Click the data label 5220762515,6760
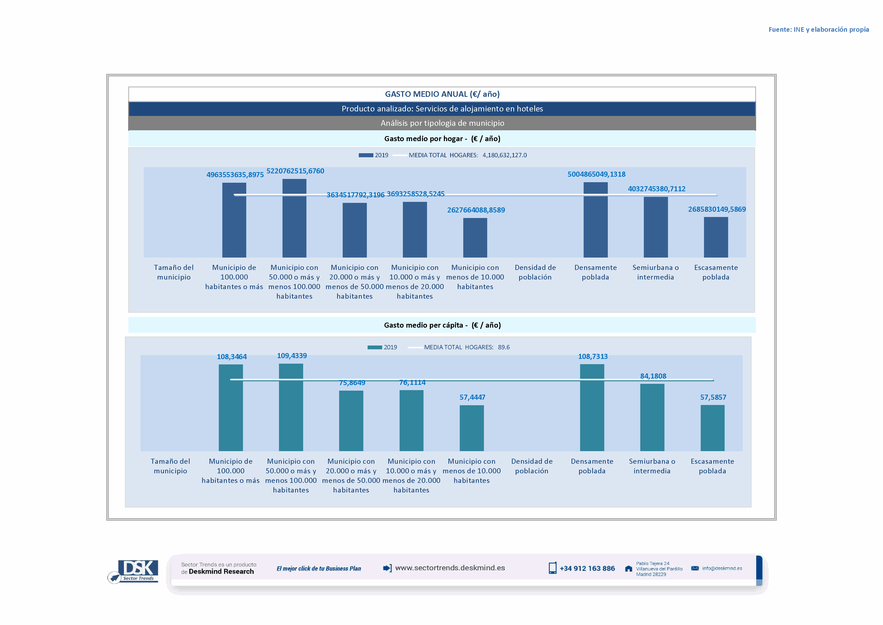coord(295,171)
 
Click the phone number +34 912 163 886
coord(587,569)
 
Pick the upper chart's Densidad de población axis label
coord(535,272)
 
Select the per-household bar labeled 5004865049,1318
coord(595,220)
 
